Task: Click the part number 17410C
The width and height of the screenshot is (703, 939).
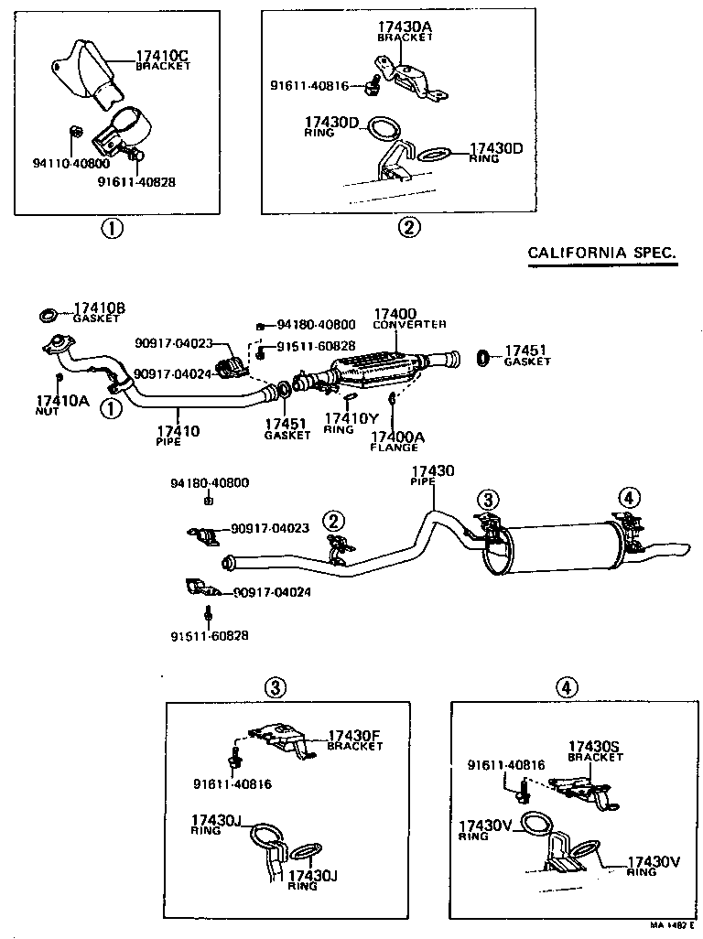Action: [162, 56]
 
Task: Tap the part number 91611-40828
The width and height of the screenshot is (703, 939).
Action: [136, 181]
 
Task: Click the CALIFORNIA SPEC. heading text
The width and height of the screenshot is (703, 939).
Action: [602, 253]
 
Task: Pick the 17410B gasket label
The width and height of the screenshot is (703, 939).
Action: [99, 308]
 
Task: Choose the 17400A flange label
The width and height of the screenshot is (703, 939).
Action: [396, 437]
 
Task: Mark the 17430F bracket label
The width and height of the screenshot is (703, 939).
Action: [354, 735]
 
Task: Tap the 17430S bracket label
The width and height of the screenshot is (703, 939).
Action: [594, 747]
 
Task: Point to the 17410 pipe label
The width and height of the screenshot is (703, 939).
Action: [177, 430]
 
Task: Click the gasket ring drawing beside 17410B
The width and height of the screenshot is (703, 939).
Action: [47, 316]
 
